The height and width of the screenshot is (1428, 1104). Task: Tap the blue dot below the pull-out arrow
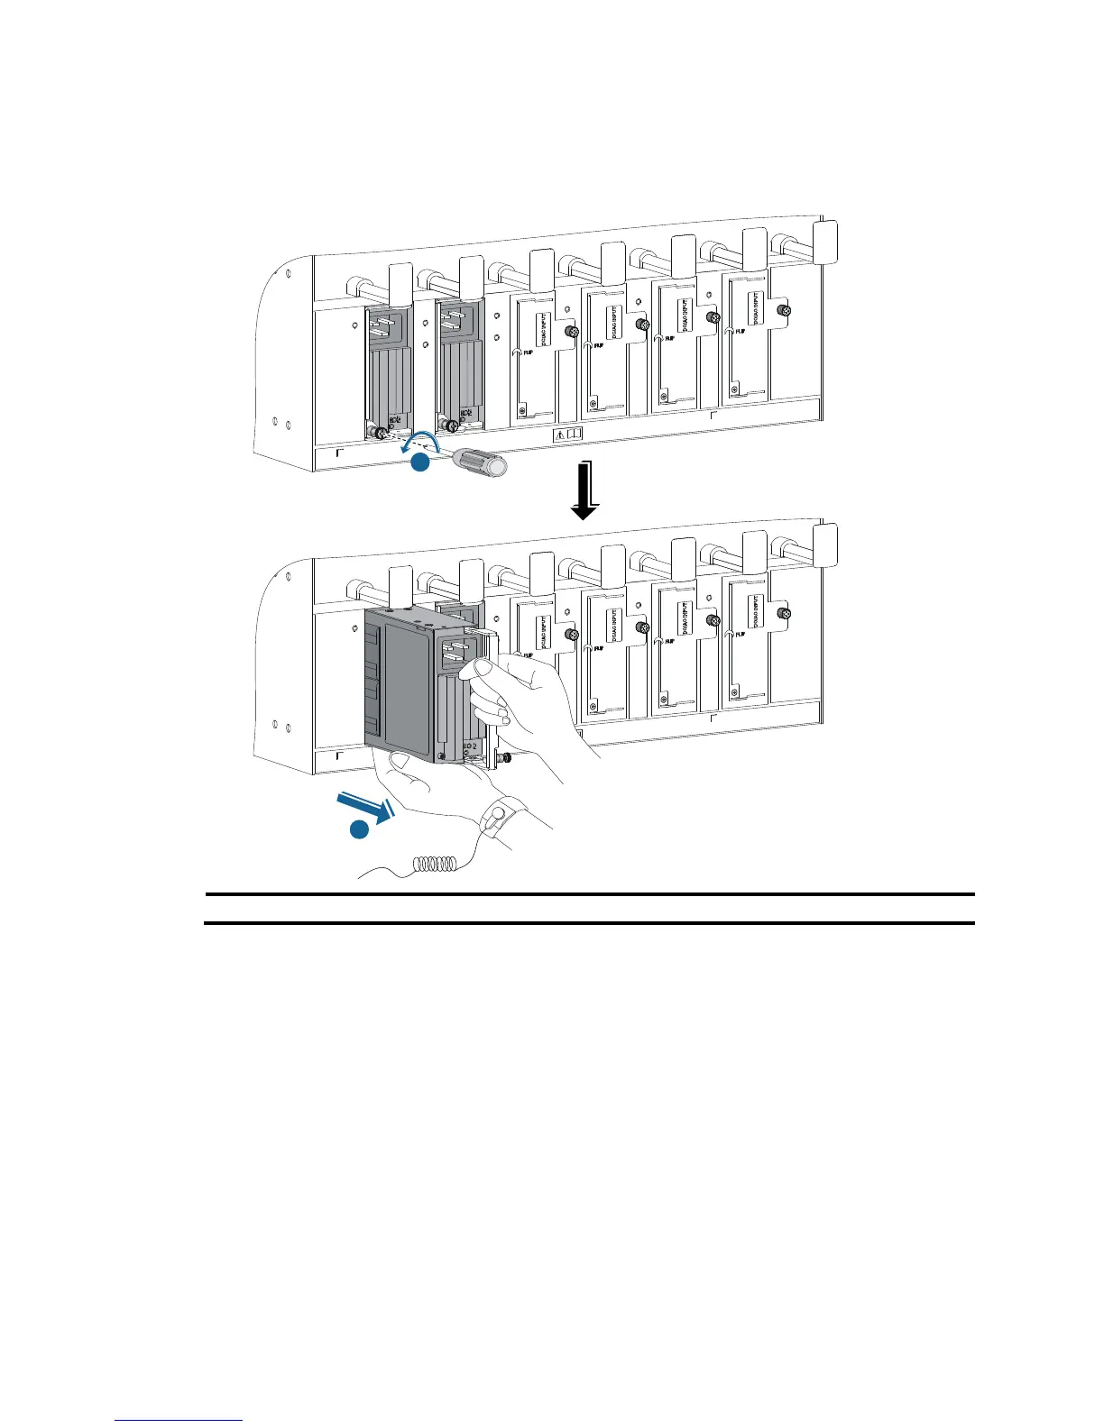click(359, 830)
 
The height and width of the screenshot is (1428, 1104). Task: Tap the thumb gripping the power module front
click(473, 671)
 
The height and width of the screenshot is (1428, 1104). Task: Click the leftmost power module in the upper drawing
click(389, 370)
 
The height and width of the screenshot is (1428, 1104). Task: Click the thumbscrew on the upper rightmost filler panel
click(785, 310)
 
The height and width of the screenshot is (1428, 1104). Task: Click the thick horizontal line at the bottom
click(590, 923)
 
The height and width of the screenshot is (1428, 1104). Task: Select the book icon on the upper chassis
click(575, 435)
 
